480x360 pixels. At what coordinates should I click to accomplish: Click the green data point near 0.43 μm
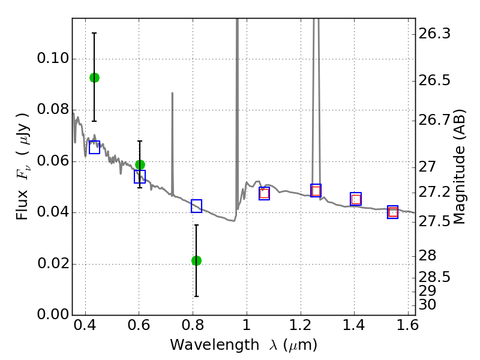click(94, 78)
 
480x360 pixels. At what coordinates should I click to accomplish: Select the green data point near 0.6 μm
click(140, 164)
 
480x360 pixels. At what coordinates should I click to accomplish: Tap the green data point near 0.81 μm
click(197, 261)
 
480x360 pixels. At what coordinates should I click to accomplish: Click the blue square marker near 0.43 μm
click(94, 147)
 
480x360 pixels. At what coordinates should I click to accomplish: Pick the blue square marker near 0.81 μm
click(197, 206)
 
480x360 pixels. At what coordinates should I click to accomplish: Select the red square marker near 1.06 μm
click(264, 193)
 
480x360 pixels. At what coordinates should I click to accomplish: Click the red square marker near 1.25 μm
click(316, 191)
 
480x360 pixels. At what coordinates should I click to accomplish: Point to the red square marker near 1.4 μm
click(356, 199)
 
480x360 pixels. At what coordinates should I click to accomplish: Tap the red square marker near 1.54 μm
click(393, 212)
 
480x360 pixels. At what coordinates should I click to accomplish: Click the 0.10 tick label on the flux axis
click(53, 58)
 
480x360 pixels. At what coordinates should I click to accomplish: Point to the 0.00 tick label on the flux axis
click(53, 314)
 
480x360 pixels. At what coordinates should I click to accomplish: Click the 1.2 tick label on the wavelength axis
click(301, 325)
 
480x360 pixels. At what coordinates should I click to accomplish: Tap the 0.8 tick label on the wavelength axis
click(193, 325)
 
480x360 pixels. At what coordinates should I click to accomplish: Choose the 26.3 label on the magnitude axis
click(434, 34)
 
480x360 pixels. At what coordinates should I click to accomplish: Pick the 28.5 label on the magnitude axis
click(434, 277)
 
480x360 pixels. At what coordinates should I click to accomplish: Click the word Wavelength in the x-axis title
click(215, 345)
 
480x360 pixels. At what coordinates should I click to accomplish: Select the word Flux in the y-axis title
click(22, 205)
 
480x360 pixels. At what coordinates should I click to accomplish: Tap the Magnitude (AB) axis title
click(458, 167)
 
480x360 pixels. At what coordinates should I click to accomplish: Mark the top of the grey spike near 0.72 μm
click(172, 93)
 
